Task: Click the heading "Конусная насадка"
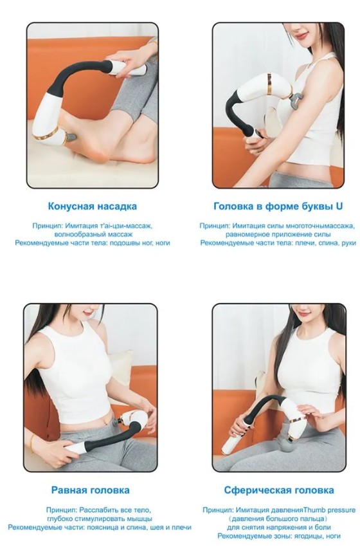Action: pyautogui.click(x=92, y=206)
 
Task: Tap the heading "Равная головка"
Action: pyautogui.click(x=91, y=490)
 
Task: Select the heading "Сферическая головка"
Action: pyautogui.click(x=279, y=490)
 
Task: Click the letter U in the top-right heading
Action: pyautogui.click(x=339, y=206)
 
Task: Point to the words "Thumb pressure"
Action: pyautogui.click(x=329, y=510)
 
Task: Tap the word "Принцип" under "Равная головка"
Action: pyautogui.click(x=61, y=510)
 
